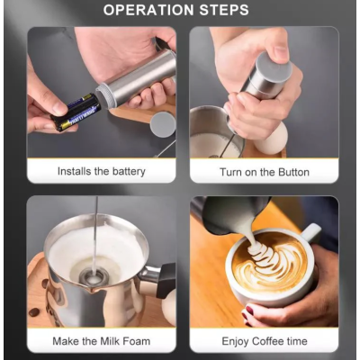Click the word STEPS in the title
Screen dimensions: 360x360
click(224, 10)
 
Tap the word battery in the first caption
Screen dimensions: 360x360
click(129, 172)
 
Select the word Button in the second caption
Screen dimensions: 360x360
click(293, 172)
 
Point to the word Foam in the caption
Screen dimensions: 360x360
click(136, 341)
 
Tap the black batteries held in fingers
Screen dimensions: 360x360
click(76, 112)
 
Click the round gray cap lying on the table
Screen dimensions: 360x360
click(163, 125)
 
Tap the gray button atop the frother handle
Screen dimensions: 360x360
click(274, 67)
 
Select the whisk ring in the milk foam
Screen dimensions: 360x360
click(94, 275)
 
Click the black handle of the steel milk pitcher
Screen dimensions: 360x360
click(166, 280)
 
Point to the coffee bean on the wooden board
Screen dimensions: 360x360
click(34, 312)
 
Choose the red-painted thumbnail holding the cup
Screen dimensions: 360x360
click(249, 310)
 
